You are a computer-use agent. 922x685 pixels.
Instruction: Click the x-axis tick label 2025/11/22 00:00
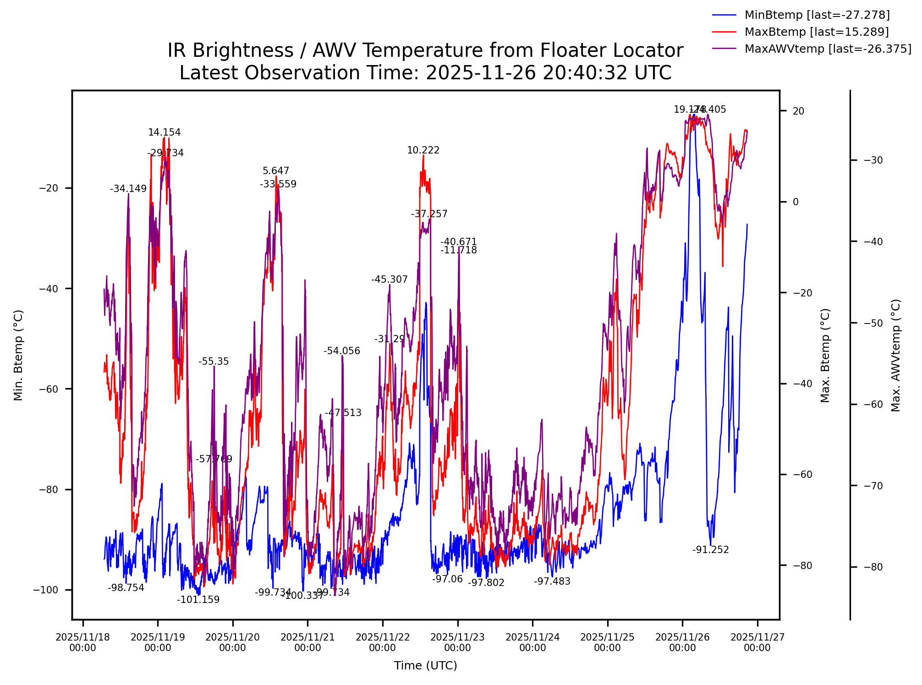(x=383, y=642)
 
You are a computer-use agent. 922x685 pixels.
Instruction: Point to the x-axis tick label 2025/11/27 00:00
(x=757, y=642)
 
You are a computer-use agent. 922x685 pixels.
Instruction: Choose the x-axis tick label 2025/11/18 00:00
(x=83, y=642)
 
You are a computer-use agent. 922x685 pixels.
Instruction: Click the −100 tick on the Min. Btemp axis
(x=46, y=590)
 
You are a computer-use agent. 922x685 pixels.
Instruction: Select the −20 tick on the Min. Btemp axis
(x=49, y=188)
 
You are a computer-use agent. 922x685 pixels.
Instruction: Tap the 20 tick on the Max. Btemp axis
(x=799, y=111)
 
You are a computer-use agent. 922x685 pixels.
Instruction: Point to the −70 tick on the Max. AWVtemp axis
(x=873, y=486)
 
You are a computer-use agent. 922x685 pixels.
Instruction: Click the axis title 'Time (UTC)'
(x=425, y=666)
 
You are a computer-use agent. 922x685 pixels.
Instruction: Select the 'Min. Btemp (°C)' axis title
(x=18, y=355)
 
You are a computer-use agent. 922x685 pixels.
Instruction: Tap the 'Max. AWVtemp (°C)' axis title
(x=896, y=355)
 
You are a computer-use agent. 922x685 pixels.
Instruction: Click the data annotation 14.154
(x=165, y=133)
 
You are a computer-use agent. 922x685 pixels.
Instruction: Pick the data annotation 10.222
(x=423, y=151)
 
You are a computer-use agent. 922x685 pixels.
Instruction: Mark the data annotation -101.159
(x=198, y=600)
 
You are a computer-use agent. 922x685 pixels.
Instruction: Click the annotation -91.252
(x=710, y=550)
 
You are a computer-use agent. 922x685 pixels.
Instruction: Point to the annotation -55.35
(x=214, y=362)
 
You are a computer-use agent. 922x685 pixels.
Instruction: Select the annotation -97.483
(x=552, y=582)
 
